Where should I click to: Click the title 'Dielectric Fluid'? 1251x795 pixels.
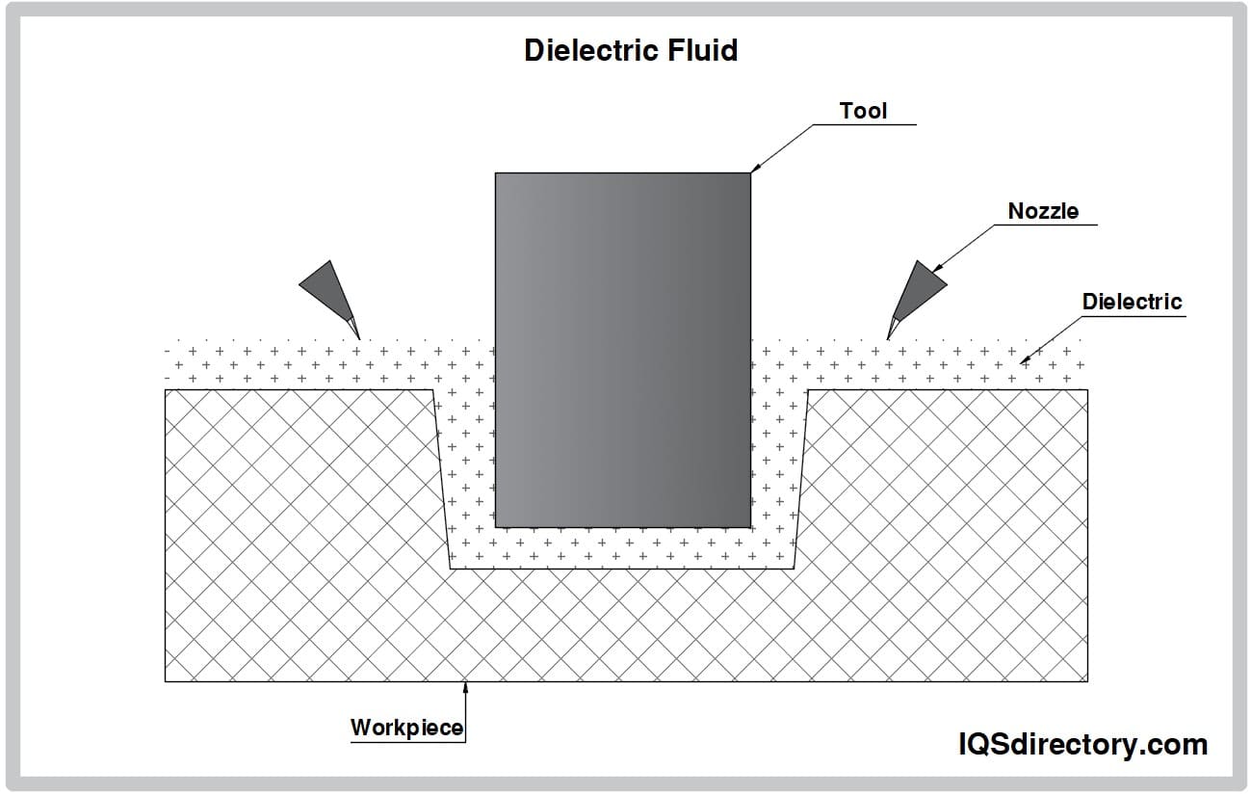pyautogui.click(x=631, y=50)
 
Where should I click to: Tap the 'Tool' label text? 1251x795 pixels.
pyautogui.click(x=863, y=111)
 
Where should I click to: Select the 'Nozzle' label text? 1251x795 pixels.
pyautogui.click(x=1043, y=211)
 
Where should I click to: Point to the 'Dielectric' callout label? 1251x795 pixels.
pyautogui.click(x=1132, y=302)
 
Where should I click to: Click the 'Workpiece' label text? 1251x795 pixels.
pyautogui.click(x=406, y=727)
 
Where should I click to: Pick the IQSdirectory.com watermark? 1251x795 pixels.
pyautogui.click(x=1082, y=744)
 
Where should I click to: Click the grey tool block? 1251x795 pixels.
pyautogui.click(x=622, y=349)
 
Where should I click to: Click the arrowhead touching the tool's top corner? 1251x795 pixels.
pyautogui.click(x=755, y=168)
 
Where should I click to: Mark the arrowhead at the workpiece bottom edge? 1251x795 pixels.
pyautogui.click(x=466, y=687)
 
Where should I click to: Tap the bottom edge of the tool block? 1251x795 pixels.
pyautogui.click(x=622, y=527)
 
